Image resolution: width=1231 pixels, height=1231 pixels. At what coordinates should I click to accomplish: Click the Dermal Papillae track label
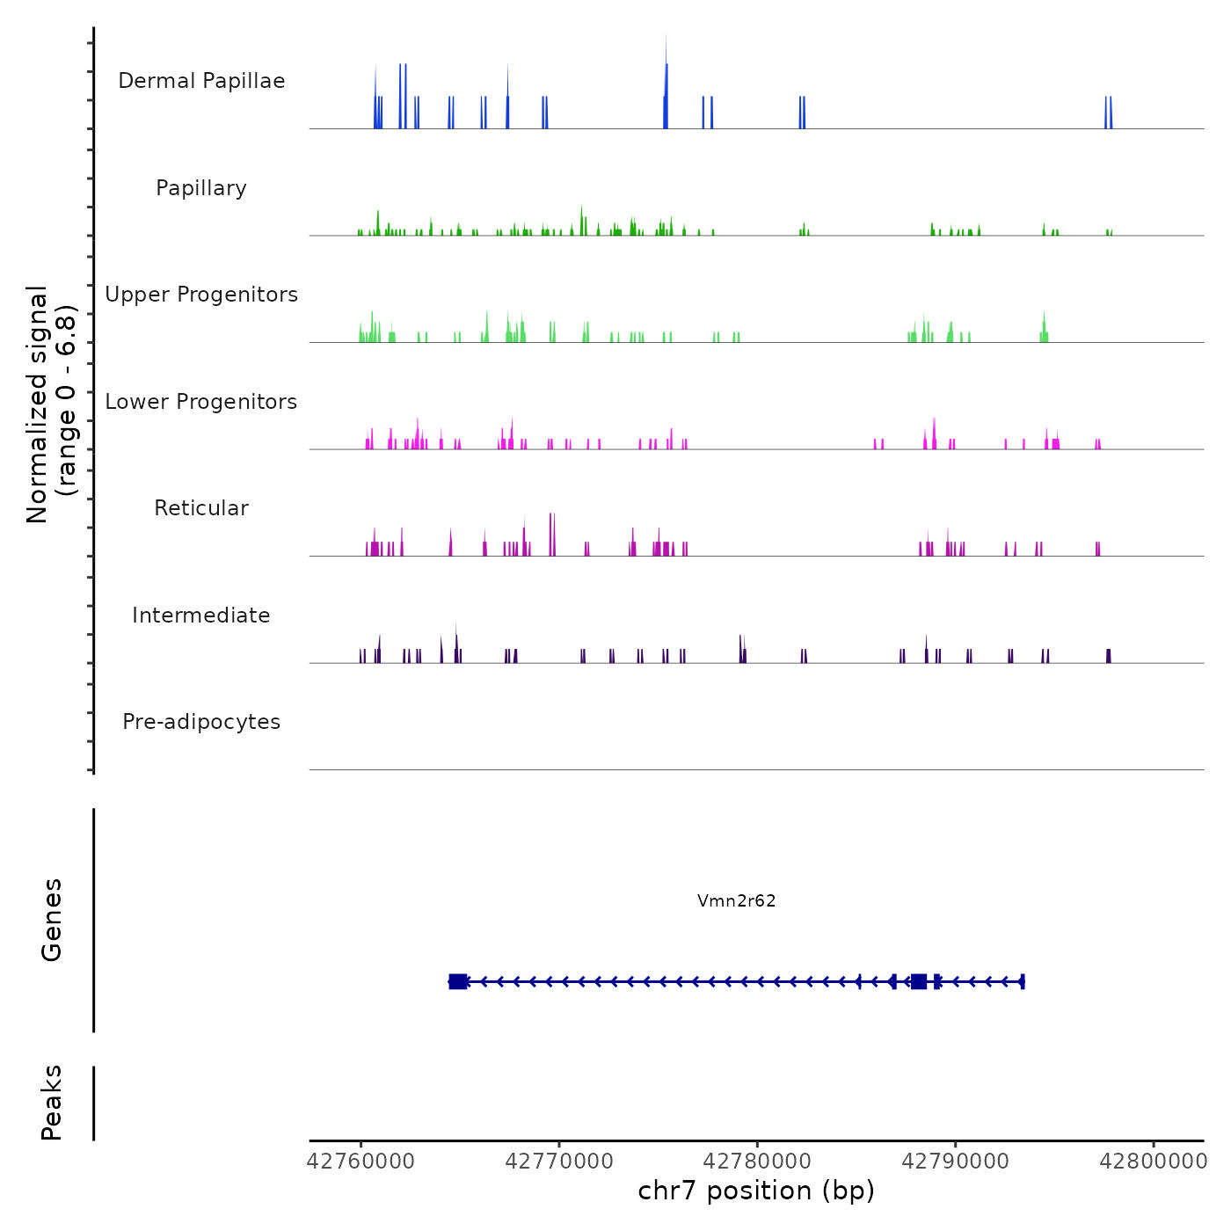(x=201, y=81)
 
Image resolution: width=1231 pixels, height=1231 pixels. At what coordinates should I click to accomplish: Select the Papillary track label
(x=201, y=188)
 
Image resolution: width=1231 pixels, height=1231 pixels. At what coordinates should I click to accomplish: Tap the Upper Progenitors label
(x=201, y=295)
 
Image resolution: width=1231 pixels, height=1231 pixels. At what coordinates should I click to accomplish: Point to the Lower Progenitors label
(x=201, y=402)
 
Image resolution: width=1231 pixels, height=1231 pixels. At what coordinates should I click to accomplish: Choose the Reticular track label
(x=201, y=508)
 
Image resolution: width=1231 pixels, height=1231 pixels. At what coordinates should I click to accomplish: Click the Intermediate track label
(x=201, y=615)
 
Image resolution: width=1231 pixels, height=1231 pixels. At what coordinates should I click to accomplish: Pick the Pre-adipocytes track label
(x=201, y=722)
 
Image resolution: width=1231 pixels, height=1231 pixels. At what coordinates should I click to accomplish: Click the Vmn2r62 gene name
(x=736, y=900)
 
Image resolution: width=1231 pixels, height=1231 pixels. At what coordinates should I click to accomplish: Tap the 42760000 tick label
(x=361, y=1162)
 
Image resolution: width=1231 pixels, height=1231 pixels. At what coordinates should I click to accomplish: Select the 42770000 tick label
(x=559, y=1162)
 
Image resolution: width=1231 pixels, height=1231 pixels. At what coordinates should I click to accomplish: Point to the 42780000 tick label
(x=757, y=1162)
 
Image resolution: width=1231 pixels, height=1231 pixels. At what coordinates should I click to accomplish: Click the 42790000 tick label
(x=956, y=1162)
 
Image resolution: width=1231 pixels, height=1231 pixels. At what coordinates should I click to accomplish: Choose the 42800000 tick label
(x=1154, y=1162)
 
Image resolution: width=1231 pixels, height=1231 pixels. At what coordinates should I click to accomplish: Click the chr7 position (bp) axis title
(x=756, y=1191)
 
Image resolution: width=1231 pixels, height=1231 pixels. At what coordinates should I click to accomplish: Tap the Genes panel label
(x=52, y=920)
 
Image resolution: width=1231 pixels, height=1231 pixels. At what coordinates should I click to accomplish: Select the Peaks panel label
(x=52, y=1103)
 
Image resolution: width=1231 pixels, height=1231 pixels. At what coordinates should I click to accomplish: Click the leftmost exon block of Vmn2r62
(x=457, y=981)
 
